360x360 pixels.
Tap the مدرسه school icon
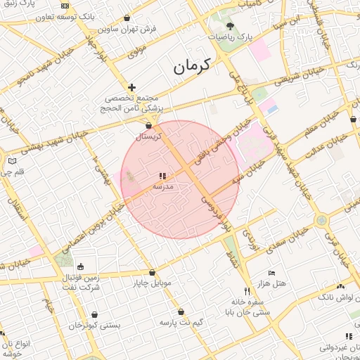click(x=162, y=176)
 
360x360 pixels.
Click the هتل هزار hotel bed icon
click(x=272, y=273)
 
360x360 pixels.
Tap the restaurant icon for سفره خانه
click(x=247, y=290)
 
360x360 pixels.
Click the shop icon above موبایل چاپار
click(x=152, y=273)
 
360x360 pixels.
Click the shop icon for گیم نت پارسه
click(x=181, y=311)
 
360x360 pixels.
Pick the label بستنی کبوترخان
click(x=95, y=326)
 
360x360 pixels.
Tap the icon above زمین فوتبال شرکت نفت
click(x=80, y=266)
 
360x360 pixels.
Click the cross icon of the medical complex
click(x=131, y=86)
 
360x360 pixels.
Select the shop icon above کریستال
click(x=148, y=125)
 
